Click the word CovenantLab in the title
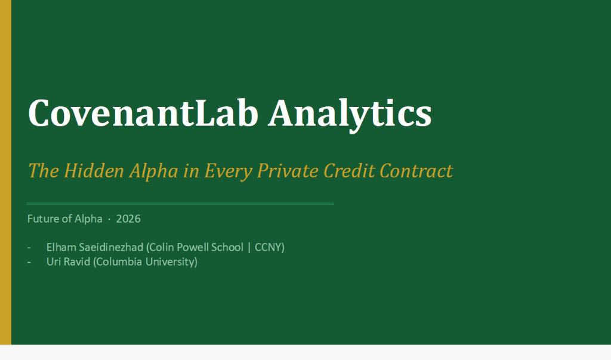pyautogui.click(x=143, y=113)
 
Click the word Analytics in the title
pyautogui.click(x=350, y=114)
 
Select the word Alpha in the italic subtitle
pyautogui.click(x=153, y=171)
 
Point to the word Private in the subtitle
pyautogui.click(x=287, y=171)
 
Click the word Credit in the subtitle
pyautogui.click(x=349, y=170)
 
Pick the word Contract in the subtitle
pyautogui.click(x=416, y=171)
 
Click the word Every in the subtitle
pyautogui.click(x=229, y=171)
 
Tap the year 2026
pyautogui.click(x=128, y=219)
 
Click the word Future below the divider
pyautogui.click(x=42, y=219)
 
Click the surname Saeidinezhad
pyautogui.click(x=111, y=247)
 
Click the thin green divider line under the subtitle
pyautogui.click(x=180, y=204)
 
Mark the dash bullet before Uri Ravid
pyautogui.click(x=29, y=262)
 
